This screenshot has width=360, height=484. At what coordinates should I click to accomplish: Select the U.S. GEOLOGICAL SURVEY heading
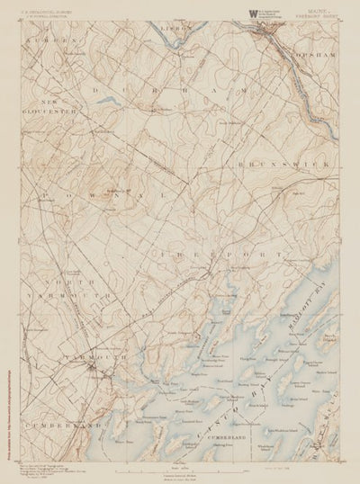coord(47,12)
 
